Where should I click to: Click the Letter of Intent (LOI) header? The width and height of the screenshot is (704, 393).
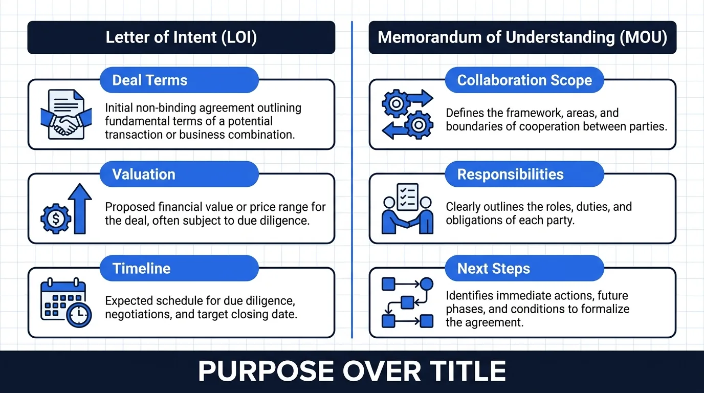(x=181, y=37)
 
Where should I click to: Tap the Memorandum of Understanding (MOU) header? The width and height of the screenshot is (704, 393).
(x=522, y=37)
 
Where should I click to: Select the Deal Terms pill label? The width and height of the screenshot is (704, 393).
(x=179, y=80)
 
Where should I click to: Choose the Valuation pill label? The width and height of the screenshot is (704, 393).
(x=179, y=174)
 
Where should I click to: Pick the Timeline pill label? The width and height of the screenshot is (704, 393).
(x=179, y=268)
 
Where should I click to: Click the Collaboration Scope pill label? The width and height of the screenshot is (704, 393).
(x=524, y=80)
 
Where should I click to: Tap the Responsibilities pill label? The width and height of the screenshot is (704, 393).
(x=524, y=174)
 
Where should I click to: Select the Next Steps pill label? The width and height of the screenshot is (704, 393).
(x=524, y=268)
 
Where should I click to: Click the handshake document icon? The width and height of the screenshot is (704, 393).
(x=66, y=115)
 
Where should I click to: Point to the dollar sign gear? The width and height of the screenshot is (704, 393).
(x=56, y=219)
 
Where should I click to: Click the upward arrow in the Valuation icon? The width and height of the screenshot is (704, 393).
(x=80, y=209)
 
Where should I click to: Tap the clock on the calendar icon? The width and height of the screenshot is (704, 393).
(x=79, y=315)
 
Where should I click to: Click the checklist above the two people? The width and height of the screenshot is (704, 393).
(x=408, y=197)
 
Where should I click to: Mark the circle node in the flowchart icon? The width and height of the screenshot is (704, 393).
(x=427, y=284)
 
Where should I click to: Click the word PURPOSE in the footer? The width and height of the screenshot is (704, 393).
(x=266, y=371)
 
